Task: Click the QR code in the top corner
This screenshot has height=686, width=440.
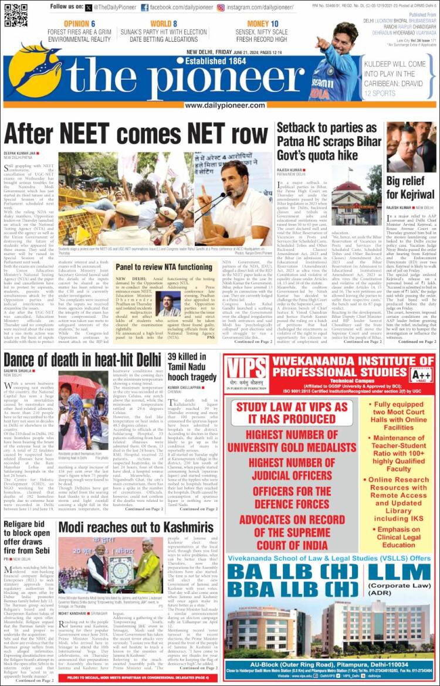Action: tap(16, 15)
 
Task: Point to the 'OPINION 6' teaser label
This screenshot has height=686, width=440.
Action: tap(79, 24)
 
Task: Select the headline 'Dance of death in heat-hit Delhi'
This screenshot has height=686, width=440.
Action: tap(82, 359)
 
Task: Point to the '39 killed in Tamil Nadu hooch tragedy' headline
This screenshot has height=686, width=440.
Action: tap(191, 368)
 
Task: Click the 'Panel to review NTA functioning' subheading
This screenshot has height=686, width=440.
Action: tap(164, 267)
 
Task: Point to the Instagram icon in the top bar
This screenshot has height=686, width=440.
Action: tap(221, 7)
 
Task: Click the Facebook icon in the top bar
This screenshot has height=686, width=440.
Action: tap(144, 7)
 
